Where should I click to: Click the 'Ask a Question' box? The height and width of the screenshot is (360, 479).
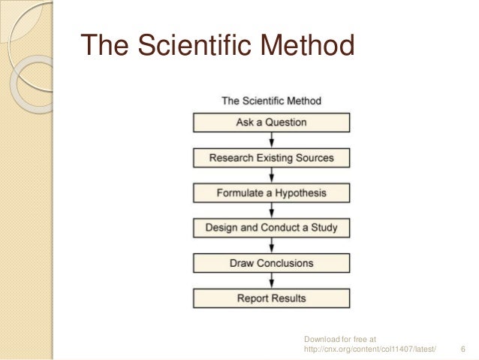pos(271,123)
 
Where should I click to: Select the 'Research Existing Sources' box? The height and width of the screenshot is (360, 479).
pos(271,158)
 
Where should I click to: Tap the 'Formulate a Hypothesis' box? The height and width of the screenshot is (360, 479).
pos(271,193)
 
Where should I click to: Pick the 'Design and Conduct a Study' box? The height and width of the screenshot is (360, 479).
pos(271,228)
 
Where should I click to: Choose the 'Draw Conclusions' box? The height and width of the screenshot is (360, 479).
pos(271,263)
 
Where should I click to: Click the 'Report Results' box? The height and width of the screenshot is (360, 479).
pos(271,298)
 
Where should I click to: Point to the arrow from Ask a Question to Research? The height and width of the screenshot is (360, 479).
pos(271,141)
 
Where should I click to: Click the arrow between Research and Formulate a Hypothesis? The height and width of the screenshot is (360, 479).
pos(271,176)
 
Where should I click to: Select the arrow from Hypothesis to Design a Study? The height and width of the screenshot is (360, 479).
pos(271,210)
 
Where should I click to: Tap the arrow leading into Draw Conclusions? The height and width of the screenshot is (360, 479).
pos(271,246)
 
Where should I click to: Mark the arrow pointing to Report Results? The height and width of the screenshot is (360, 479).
pos(271,281)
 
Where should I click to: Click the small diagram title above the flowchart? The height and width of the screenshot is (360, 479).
pos(271,101)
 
